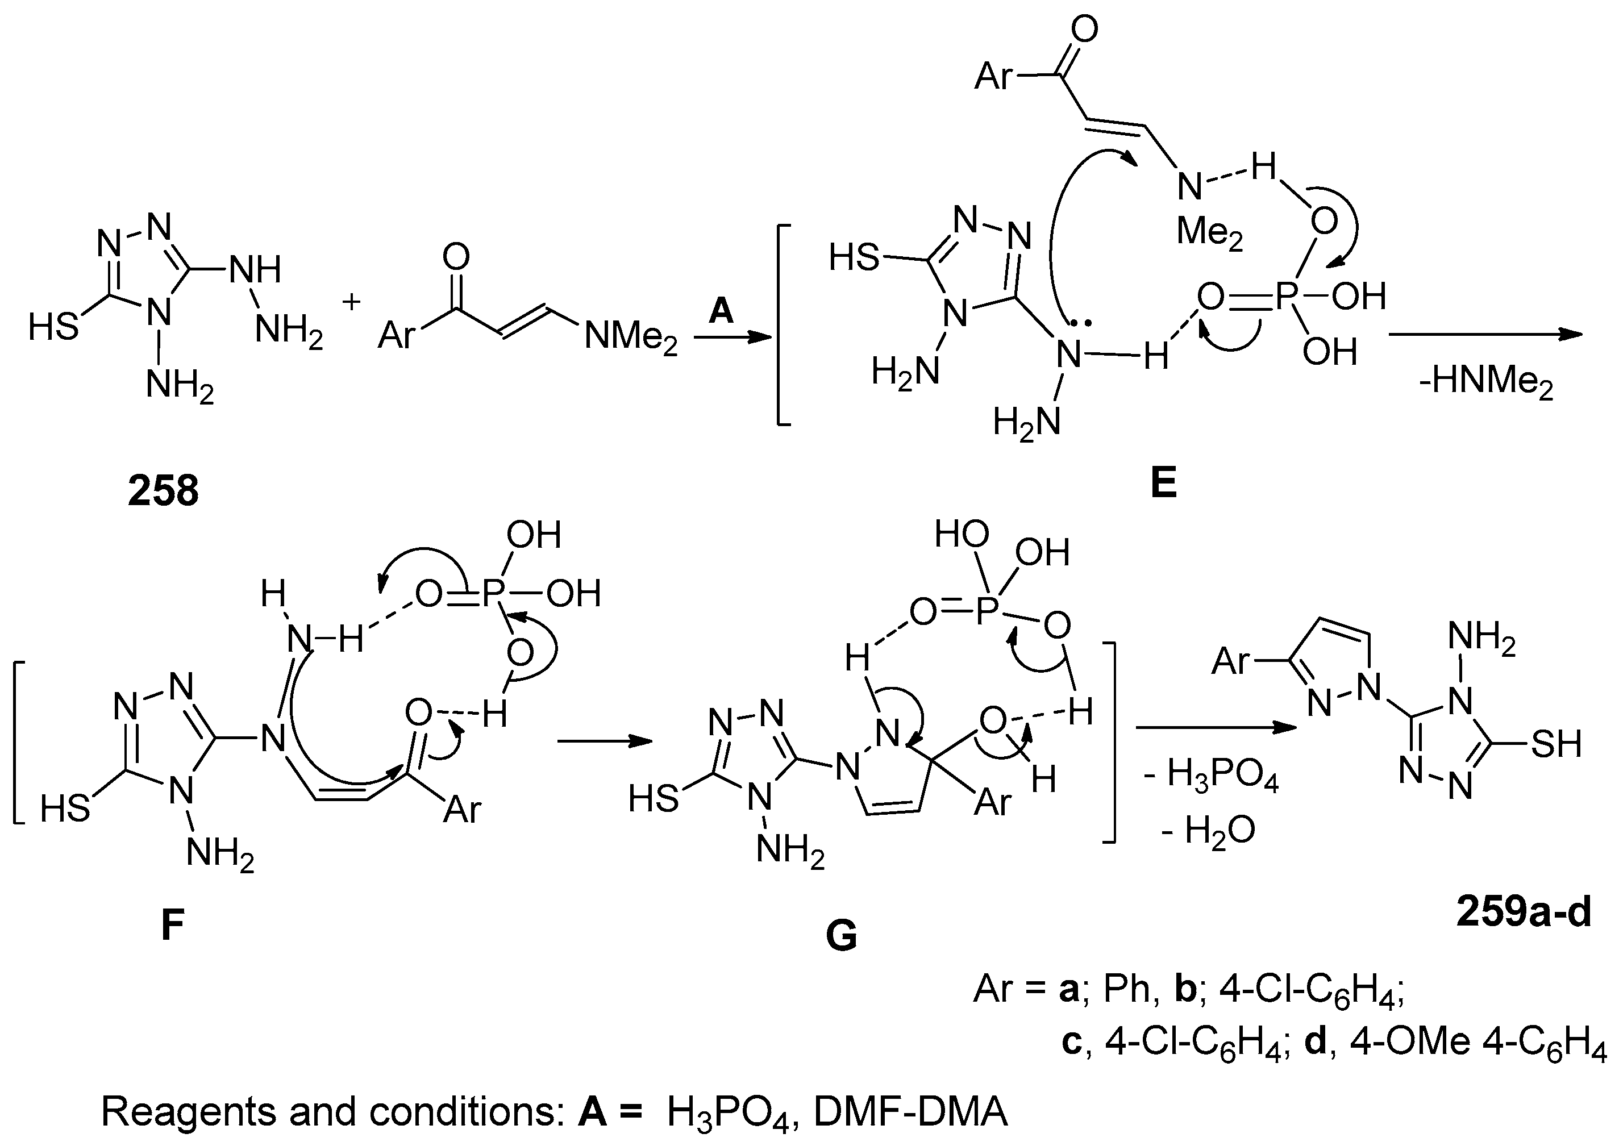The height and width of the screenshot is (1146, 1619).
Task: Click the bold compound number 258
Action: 163,491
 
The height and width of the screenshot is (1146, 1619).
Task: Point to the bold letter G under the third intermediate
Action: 840,936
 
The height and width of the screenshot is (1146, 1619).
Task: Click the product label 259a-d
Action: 1523,912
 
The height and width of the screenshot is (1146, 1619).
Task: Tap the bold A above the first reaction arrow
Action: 721,310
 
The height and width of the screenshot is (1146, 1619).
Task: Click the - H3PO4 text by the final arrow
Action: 1211,776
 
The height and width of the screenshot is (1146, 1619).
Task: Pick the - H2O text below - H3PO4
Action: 1208,831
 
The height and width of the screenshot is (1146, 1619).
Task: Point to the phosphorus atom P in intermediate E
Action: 1284,298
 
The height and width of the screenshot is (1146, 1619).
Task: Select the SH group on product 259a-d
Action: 1556,744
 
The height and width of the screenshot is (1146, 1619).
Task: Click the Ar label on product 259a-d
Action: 1231,661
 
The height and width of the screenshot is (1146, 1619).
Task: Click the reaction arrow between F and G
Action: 604,741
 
